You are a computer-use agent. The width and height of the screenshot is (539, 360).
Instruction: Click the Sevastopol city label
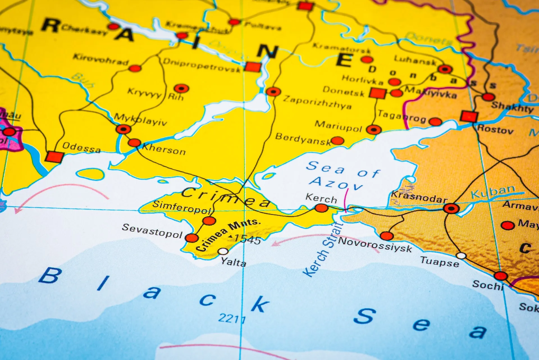(x=152, y=231)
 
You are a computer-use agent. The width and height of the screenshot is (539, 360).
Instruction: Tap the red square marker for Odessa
(x=54, y=157)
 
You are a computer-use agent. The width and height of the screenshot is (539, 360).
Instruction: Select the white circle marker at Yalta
(x=223, y=251)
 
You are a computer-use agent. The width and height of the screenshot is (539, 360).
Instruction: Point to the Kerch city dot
(x=321, y=208)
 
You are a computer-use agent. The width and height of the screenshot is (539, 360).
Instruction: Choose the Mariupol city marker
(x=374, y=129)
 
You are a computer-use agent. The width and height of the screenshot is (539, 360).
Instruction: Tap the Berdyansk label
(x=303, y=139)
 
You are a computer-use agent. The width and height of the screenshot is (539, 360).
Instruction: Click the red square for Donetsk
(x=377, y=93)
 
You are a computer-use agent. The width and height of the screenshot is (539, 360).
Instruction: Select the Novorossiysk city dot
(x=387, y=236)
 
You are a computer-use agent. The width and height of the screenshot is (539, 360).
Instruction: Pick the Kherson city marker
(x=134, y=143)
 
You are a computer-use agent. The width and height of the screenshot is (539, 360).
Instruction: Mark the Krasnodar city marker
(x=451, y=209)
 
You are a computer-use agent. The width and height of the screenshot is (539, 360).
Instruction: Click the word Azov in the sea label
(x=335, y=183)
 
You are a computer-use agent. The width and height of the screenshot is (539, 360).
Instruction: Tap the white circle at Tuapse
(x=461, y=256)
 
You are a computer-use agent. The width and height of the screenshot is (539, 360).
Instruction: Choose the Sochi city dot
(x=501, y=276)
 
